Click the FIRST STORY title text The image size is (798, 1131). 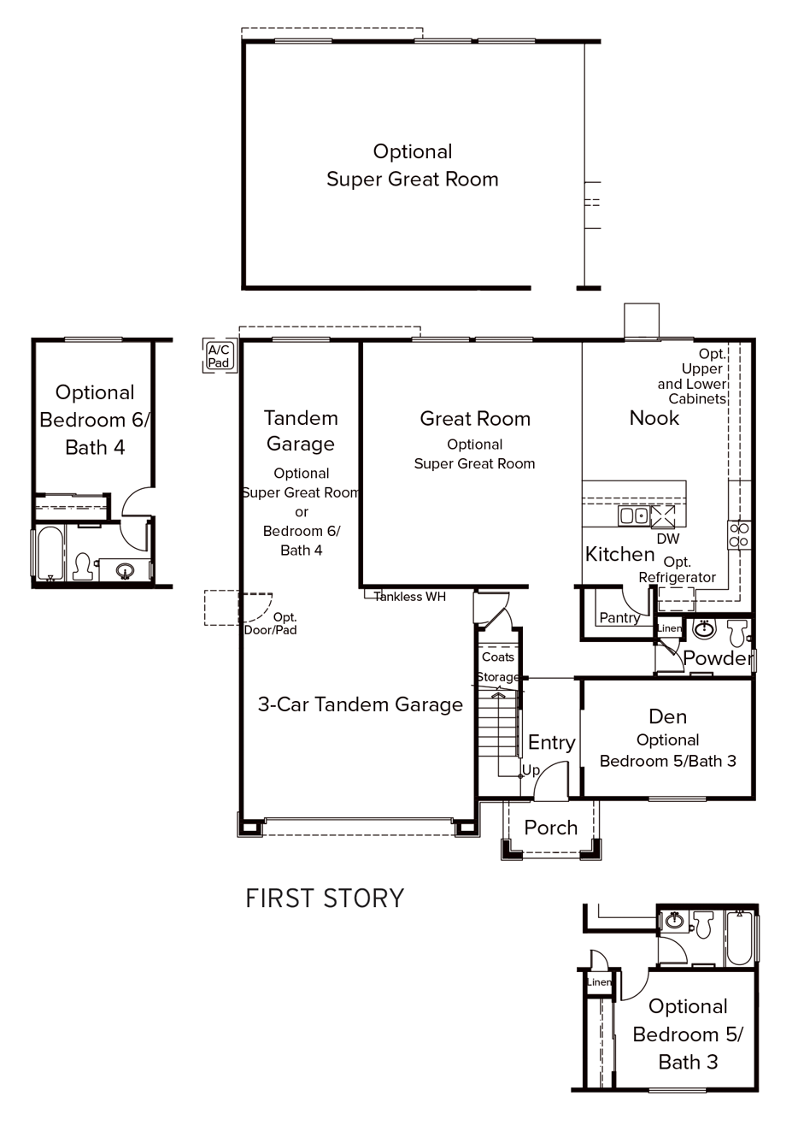pyautogui.click(x=325, y=898)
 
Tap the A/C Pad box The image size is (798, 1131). pyautogui.click(x=219, y=356)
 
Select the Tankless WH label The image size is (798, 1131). pyautogui.click(x=410, y=597)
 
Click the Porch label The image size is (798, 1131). pyautogui.click(x=550, y=828)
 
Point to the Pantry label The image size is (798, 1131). pyautogui.click(x=619, y=617)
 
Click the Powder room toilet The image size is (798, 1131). pyautogui.click(x=736, y=633)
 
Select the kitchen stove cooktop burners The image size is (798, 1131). pyautogui.click(x=739, y=535)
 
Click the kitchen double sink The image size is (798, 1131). pyautogui.click(x=634, y=515)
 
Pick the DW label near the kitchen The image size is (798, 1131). pyautogui.click(x=668, y=539)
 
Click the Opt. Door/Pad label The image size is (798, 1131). pyautogui.click(x=271, y=623)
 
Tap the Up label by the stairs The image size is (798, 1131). pyautogui.click(x=531, y=770)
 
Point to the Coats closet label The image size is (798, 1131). pyautogui.click(x=498, y=657)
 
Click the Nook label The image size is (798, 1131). pyautogui.click(x=654, y=418)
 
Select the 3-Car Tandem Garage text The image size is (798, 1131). pyautogui.click(x=360, y=704)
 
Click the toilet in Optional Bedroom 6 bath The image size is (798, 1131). pyautogui.click(x=83, y=566)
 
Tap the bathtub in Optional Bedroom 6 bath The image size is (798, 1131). pyautogui.click(x=49, y=554)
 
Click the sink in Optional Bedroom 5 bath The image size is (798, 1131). pyautogui.click(x=674, y=921)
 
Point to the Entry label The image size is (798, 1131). pyautogui.click(x=551, y=742)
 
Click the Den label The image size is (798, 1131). pyautogui.click(x=667, y=716)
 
